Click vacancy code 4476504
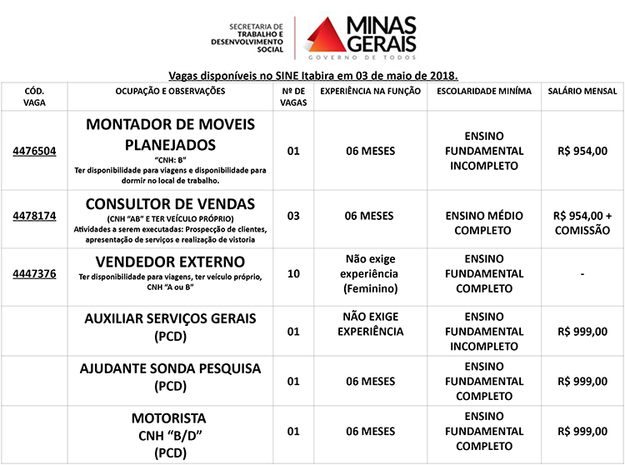[x=34, y=152]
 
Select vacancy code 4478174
[x=34, y=216]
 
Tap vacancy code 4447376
[x=34, y=273]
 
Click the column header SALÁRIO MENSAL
[x=582, y=91]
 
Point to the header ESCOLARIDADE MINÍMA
[x=484, y=91]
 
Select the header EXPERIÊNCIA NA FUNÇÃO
[x=370, y=91]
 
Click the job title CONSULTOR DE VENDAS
[x=170, y=204]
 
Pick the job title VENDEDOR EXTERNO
[x=170, y=262]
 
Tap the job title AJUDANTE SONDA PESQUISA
[x=170, y=368]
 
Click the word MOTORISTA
[x=169, y=417]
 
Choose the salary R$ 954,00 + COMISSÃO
[x=582, y=222]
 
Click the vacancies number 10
[x=292, y=273]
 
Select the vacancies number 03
[x=292, y=216]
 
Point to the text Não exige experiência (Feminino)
[x=370, y=273]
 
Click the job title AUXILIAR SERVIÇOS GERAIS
[x=170, y=318]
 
